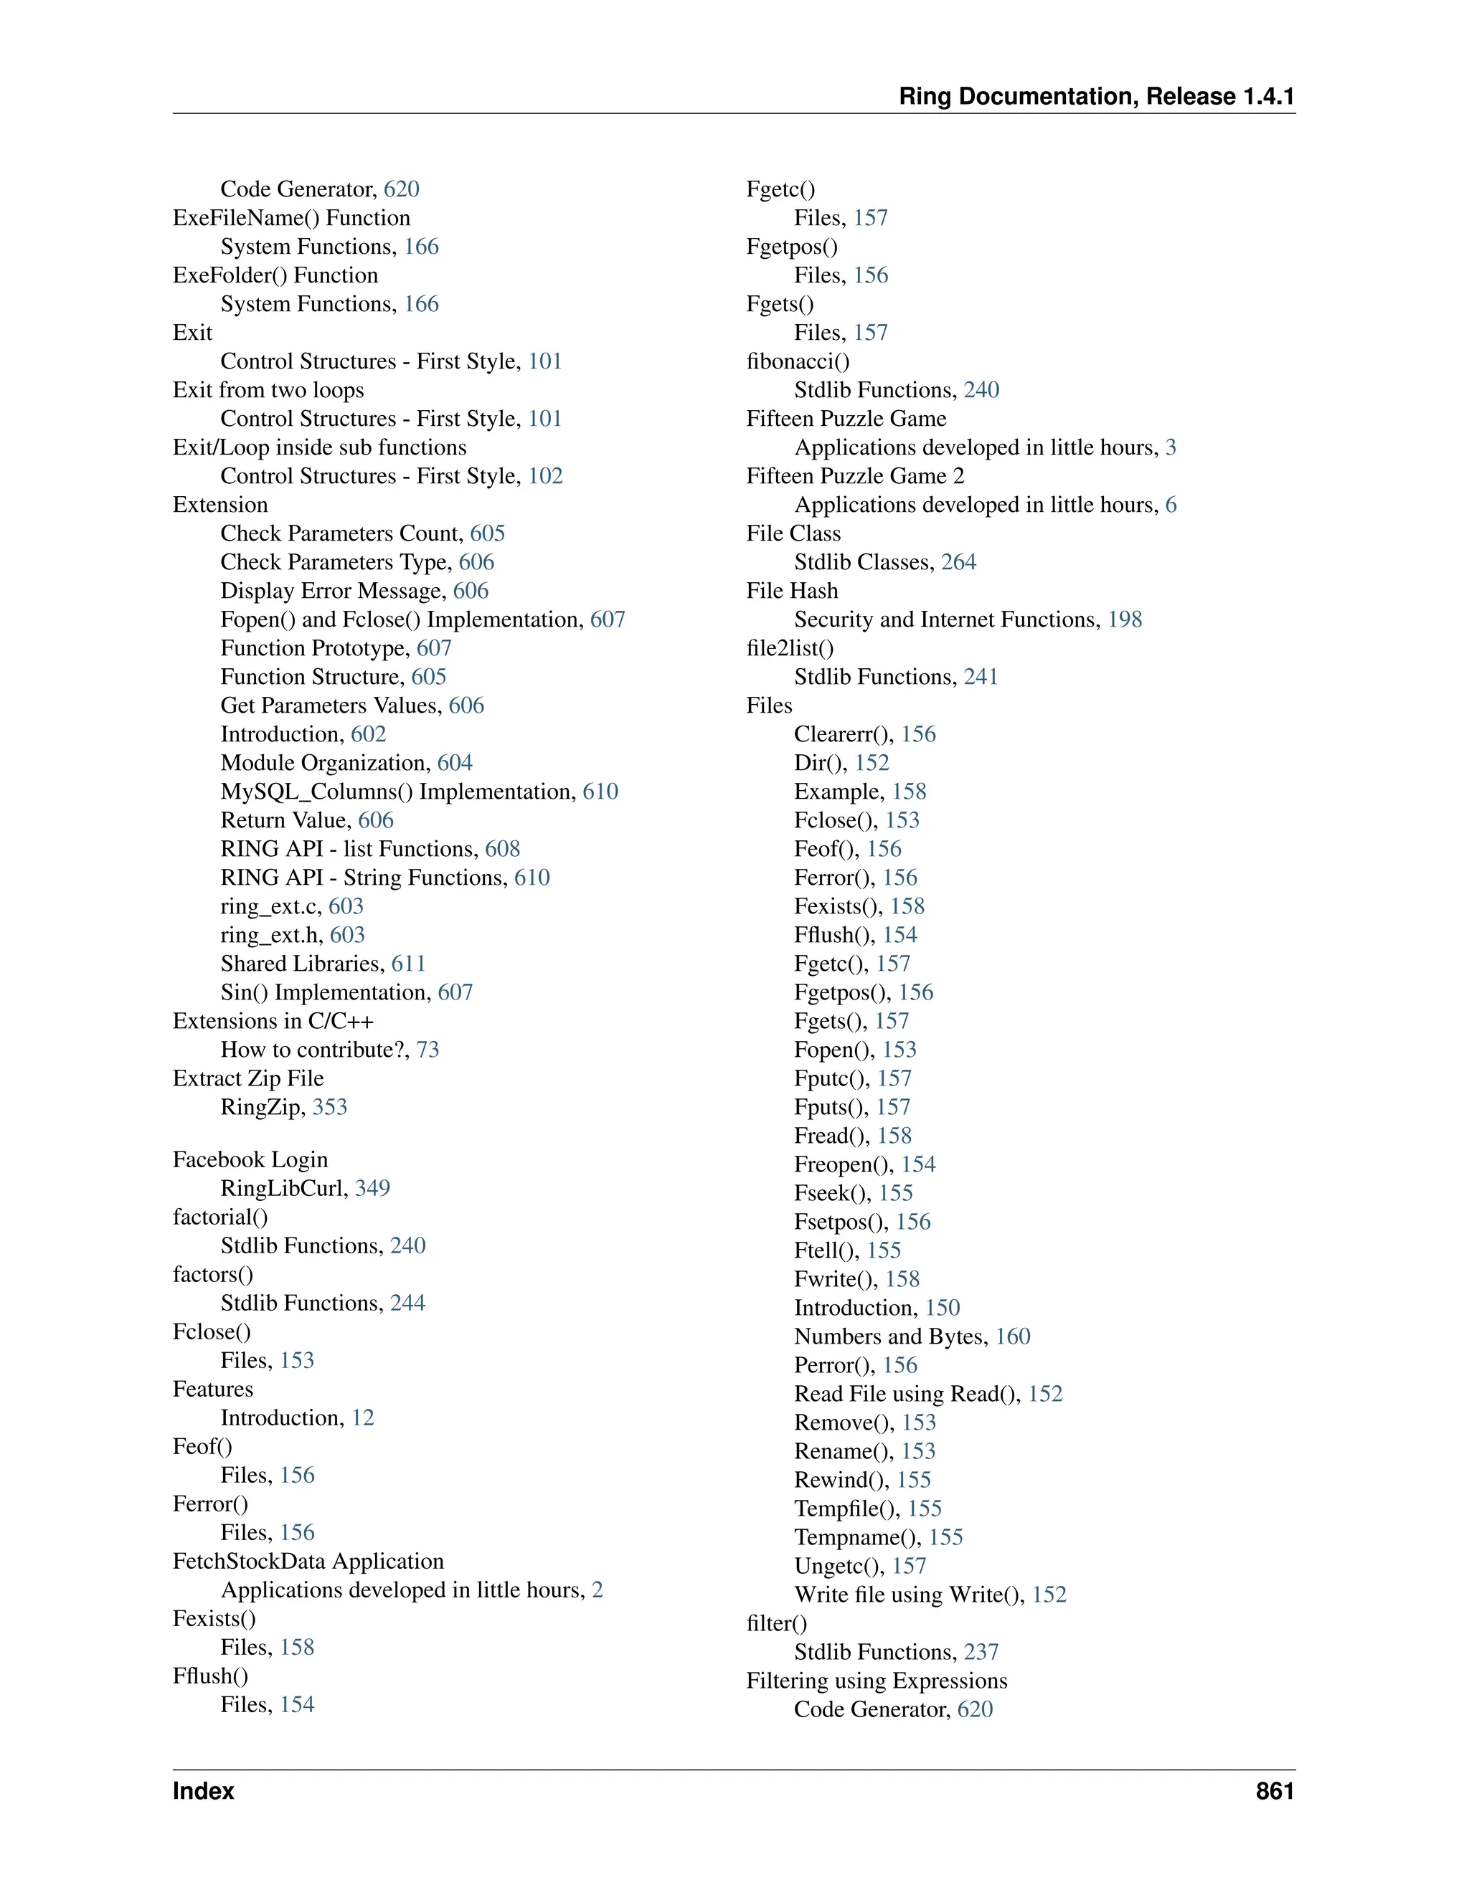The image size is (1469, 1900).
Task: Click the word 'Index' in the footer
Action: point(204,1790)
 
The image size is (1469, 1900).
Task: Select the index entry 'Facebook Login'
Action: point(250,1159)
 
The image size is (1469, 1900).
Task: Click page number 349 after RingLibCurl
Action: point(372,1188)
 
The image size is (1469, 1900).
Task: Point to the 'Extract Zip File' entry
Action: point(248,1079)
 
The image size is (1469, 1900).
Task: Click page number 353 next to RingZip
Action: point(330,1108)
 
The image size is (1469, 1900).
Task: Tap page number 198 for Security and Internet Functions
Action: point(1125,619)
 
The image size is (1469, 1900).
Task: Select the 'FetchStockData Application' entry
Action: point(308,1562)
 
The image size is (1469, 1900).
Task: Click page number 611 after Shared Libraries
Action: point(408,964)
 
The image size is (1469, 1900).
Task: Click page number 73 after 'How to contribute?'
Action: point(428,1050)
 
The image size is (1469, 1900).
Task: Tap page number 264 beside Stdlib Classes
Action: point(958,562)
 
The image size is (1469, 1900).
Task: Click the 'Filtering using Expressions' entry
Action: point(877,1681)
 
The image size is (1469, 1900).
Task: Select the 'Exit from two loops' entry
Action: point(268,390)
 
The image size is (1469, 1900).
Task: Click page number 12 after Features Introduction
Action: point(363,1418)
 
